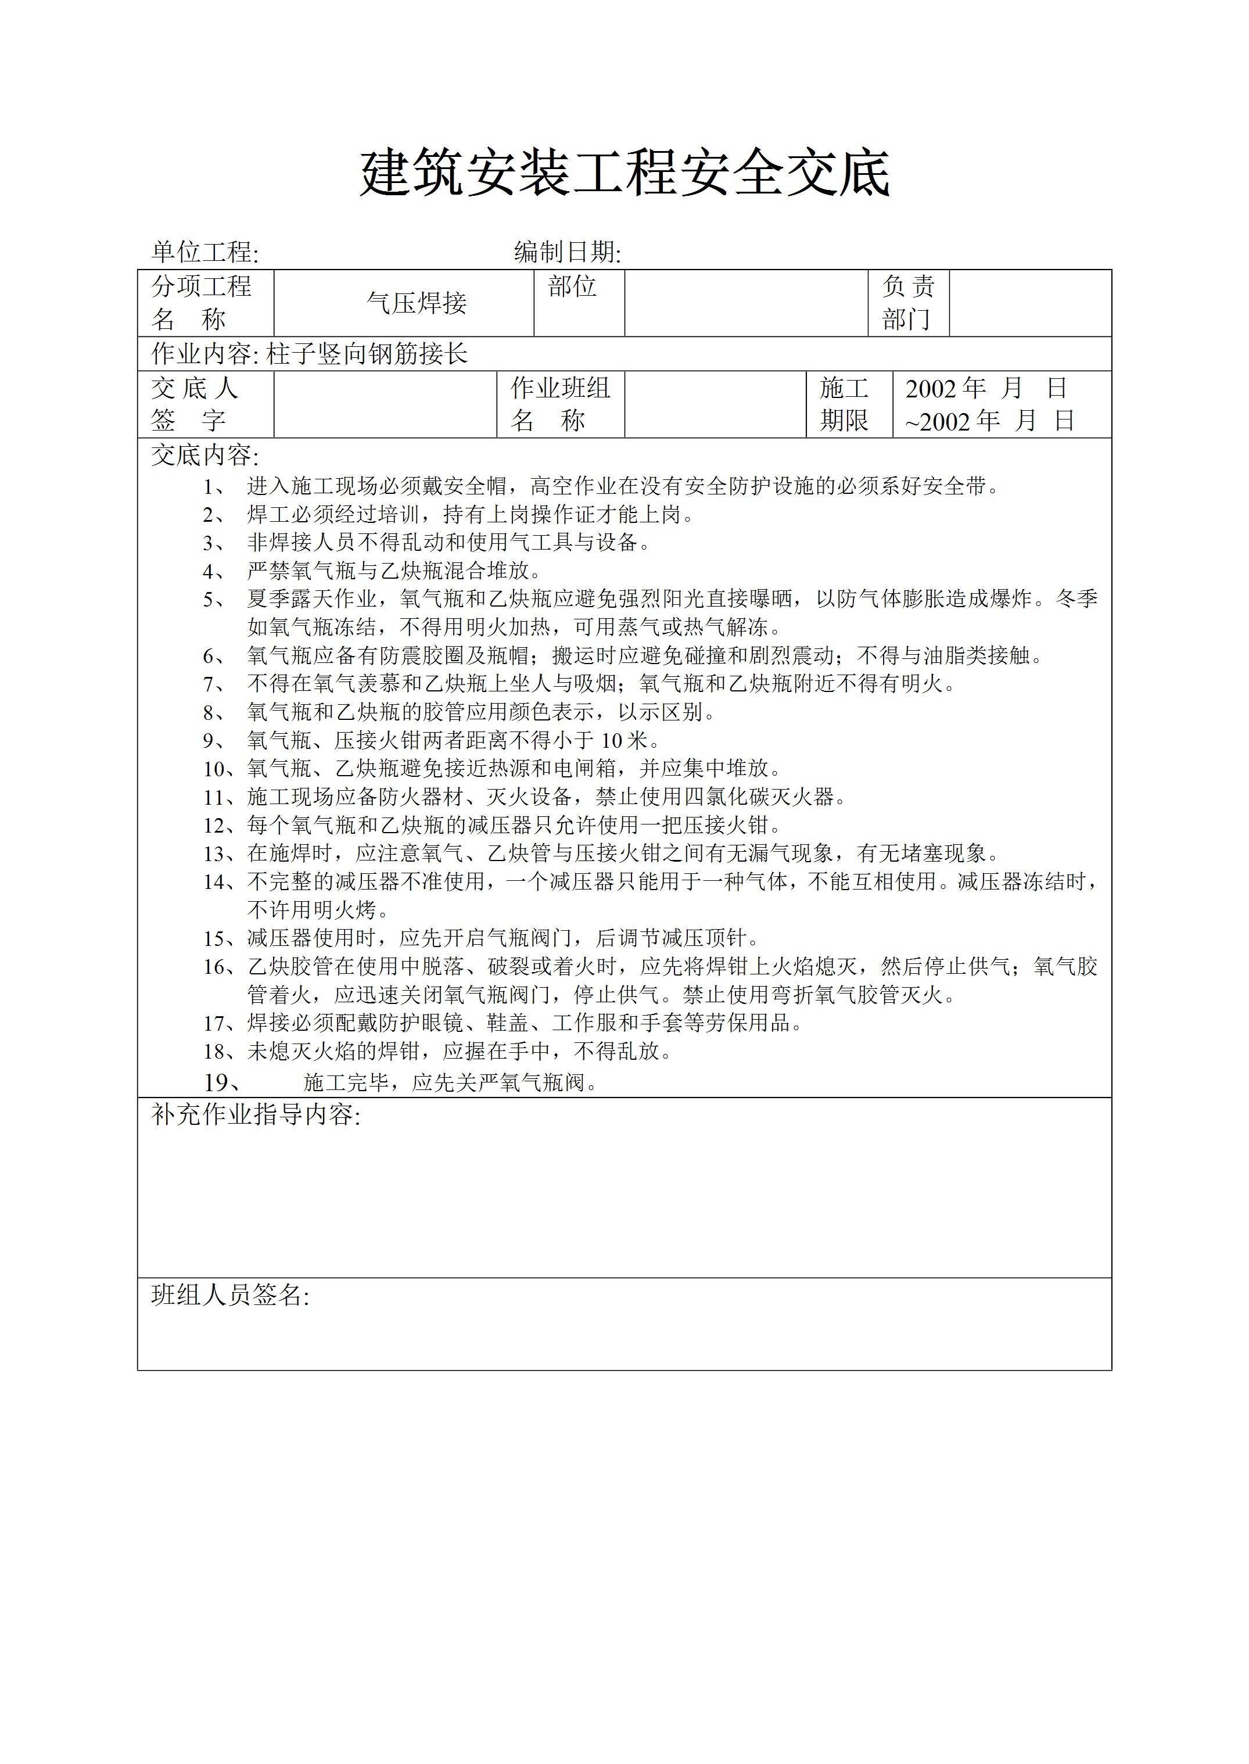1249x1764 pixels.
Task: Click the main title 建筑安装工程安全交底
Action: click(x=624, y=174)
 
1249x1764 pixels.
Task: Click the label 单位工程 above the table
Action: click(x=204, y=252)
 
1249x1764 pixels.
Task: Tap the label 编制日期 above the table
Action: click(x=567, y=252)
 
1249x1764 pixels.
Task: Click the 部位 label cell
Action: click(x=572, y=287)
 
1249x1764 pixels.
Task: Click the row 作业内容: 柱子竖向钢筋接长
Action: click(x=309, y=354)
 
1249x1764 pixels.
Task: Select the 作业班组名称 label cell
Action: click(x=560, y=404)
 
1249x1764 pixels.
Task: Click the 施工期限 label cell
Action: click(x=843, y=404)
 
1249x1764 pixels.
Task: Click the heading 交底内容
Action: click(x=204, y=456)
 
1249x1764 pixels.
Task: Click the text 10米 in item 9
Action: click(x=624, y=741)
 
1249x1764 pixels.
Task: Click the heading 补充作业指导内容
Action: click(x=256, y=1115)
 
